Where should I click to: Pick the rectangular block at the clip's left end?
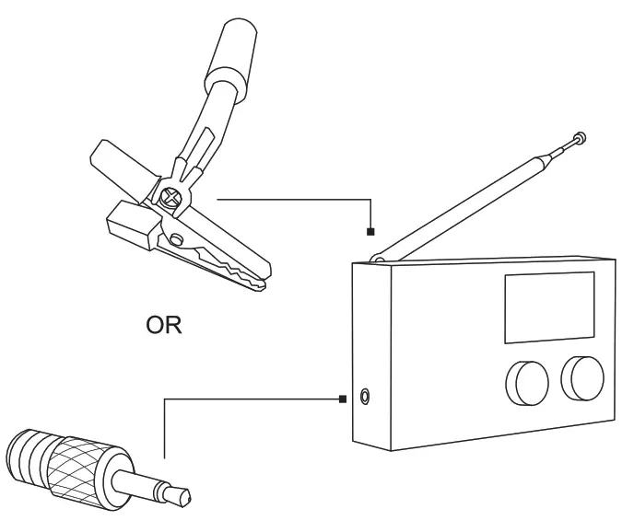[x=128, y=224]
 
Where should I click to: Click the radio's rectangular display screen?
[x=547, y=306]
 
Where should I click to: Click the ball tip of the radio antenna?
[x=580, y=139]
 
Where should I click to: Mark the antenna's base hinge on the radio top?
[x=378, y=261]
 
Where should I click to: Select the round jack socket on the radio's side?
[x=368, y=398]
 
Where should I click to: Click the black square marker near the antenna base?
[x=370, y=230]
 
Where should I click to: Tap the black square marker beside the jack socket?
[x=343, y=399]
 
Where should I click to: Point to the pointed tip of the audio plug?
[x=187, y=498]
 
